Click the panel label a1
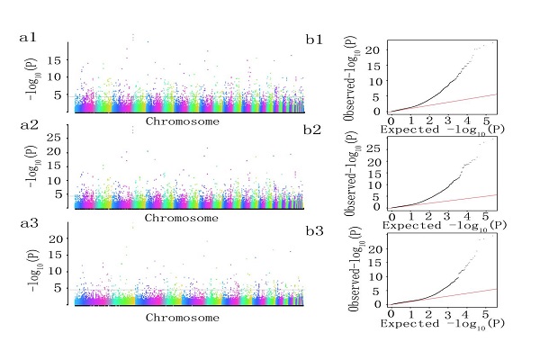click(29, 40)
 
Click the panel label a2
click(29, 127)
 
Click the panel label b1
click(314, 40)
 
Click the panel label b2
click(314, 130)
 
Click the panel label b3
click(314, 229)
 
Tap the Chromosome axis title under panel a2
click(181, 218)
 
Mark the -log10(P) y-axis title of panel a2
click(32, 166)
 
